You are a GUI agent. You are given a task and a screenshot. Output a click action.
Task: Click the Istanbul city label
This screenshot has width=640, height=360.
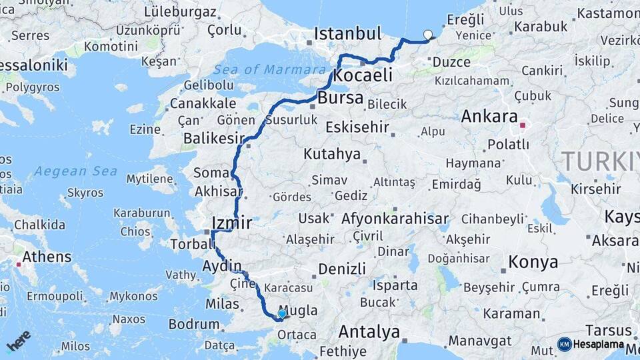click(347, 33)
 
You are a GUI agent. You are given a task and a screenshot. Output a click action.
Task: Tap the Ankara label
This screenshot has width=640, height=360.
click(489, 116)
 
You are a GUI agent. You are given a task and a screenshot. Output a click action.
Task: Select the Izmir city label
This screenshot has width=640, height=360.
click(231, 223)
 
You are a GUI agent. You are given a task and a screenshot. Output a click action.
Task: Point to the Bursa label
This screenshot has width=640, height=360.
click(341, 99)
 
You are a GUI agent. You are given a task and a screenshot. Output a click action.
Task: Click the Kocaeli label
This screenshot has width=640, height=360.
click(362, 75)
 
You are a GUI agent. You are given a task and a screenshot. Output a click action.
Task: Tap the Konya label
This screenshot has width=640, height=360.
click(533, 262)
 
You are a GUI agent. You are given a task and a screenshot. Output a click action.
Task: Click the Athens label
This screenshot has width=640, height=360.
click(47, 257)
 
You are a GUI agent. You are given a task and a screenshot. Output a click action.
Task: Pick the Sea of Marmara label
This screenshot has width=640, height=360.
click(269, 69)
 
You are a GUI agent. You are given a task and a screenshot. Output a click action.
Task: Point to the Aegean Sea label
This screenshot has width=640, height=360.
click(75, 171)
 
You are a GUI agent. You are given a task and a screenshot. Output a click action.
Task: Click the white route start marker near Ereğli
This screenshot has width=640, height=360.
click(427, 35)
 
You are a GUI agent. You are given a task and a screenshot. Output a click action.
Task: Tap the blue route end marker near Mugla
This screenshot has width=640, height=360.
click(282, 313)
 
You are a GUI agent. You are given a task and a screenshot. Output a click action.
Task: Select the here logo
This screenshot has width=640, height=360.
click(18, 341)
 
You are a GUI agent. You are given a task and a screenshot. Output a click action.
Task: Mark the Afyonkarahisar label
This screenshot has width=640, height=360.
click(395, 219)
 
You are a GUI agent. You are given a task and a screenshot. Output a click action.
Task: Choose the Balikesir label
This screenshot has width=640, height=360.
click(213, 139)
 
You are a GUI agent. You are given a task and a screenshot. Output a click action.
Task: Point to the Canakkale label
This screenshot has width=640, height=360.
click(203, 103)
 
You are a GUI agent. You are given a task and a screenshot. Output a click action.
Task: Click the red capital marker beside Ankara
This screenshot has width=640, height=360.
click(523, 125)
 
